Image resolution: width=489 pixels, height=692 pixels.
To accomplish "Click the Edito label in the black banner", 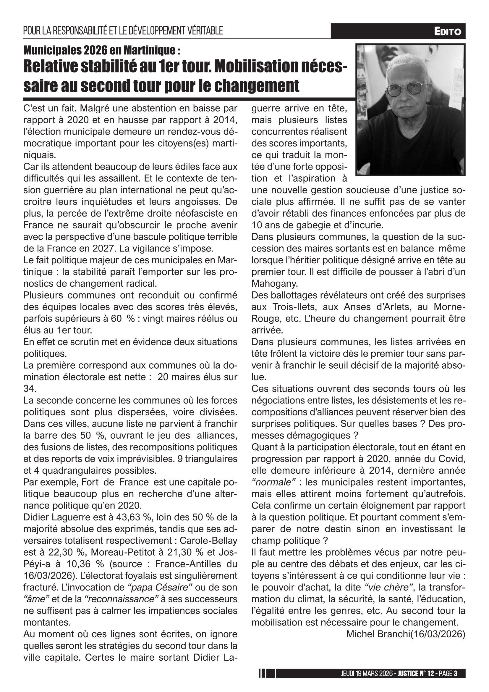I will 447,31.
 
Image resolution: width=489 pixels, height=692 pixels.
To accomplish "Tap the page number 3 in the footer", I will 456,673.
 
